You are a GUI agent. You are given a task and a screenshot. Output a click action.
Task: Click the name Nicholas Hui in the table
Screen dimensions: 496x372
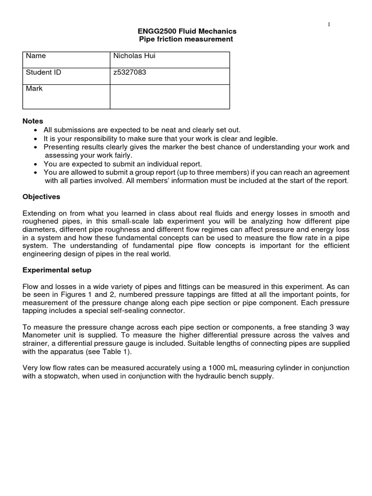(x=134, y=56)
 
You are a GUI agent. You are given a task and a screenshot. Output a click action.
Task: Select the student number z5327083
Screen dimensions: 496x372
(x=129, y=73)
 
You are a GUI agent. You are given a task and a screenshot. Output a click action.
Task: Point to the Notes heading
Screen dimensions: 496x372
(x=33, y=121)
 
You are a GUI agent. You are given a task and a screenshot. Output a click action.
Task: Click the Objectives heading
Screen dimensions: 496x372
(x=41, y=197)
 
